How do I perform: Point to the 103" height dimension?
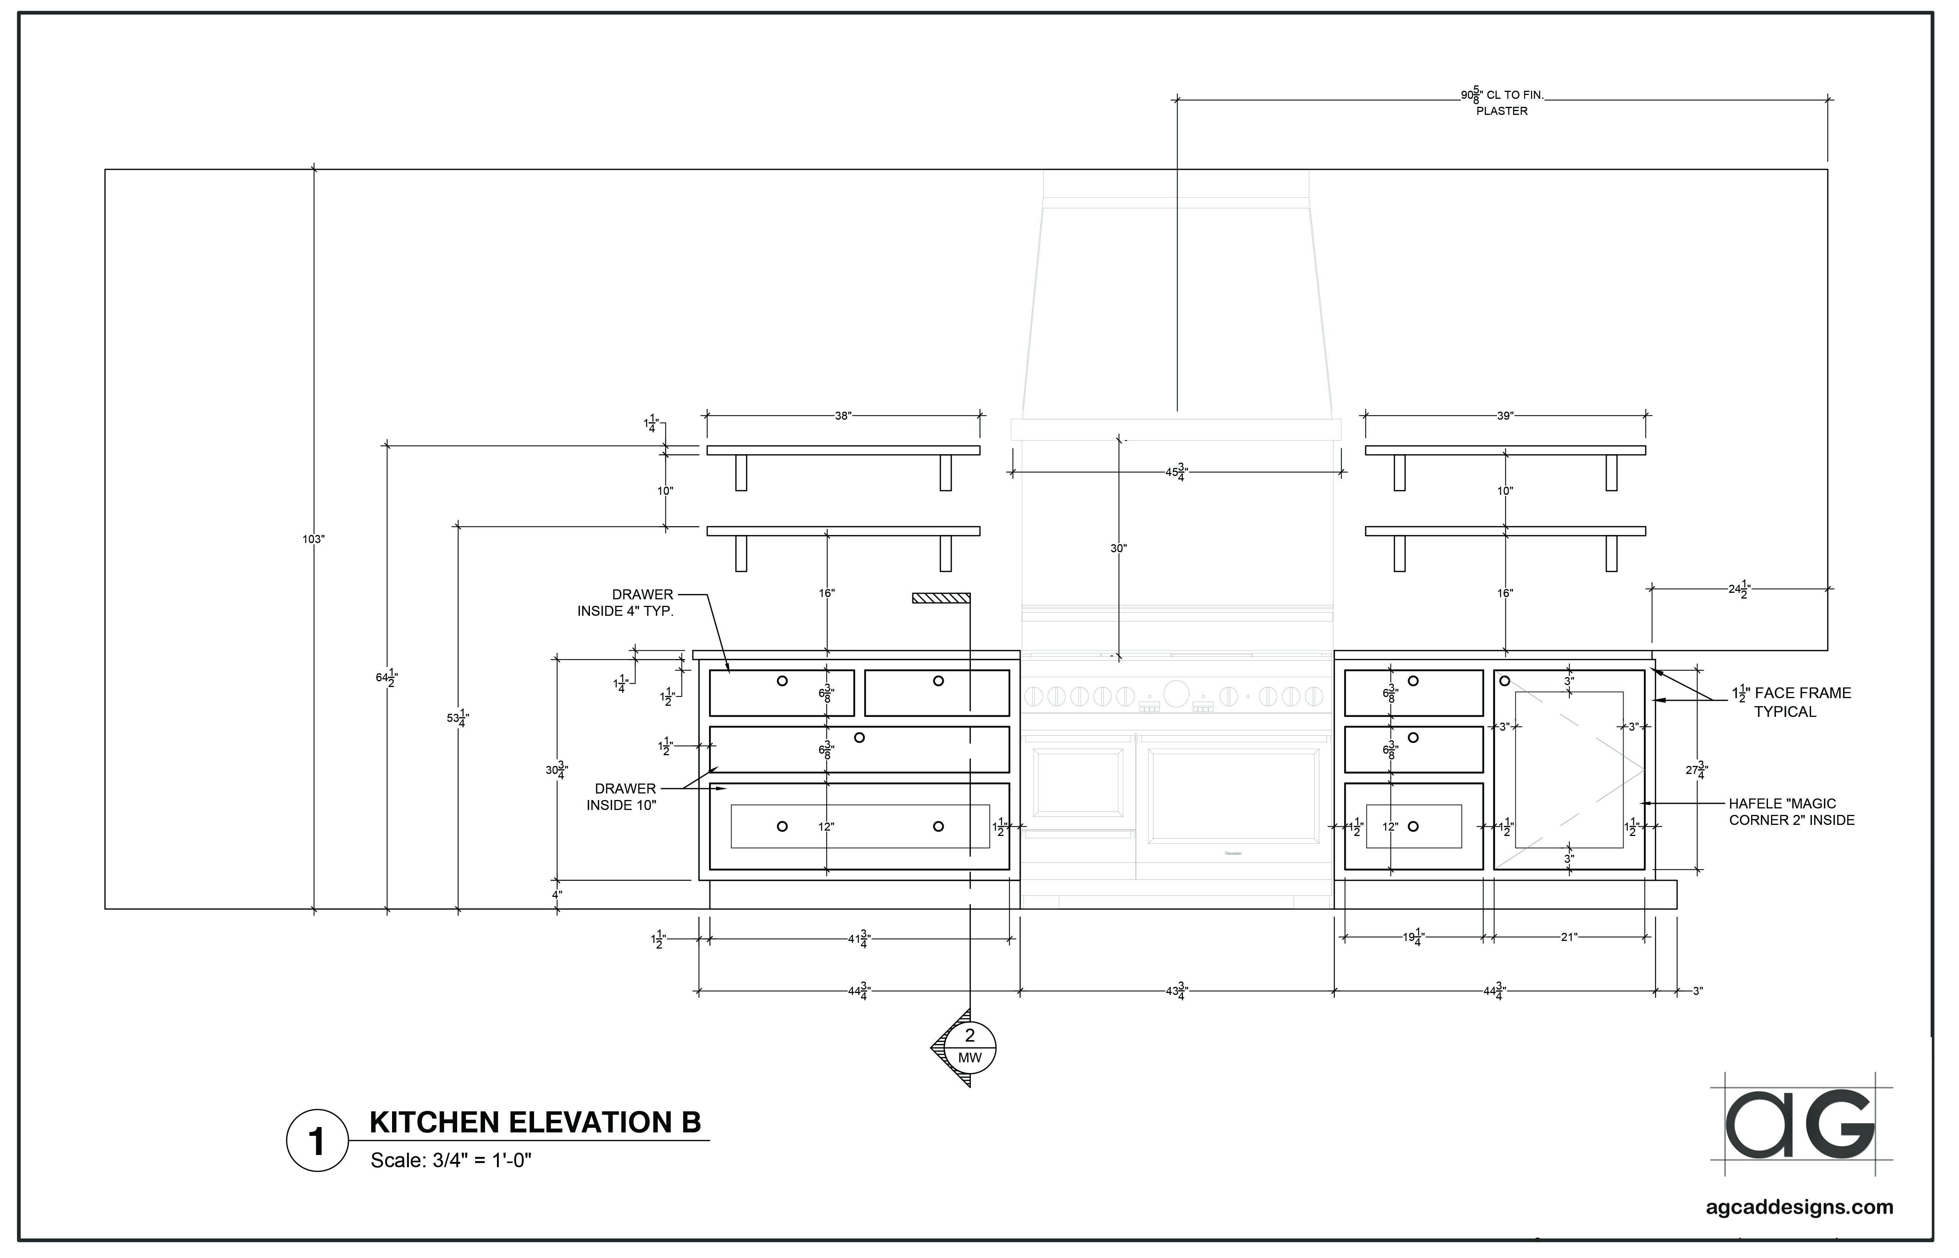314,539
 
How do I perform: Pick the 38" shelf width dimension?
843,416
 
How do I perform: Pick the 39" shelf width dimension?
1505,416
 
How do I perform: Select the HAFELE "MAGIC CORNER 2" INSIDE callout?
1792,812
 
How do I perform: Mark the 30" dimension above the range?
1118,549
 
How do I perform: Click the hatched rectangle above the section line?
941,598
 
